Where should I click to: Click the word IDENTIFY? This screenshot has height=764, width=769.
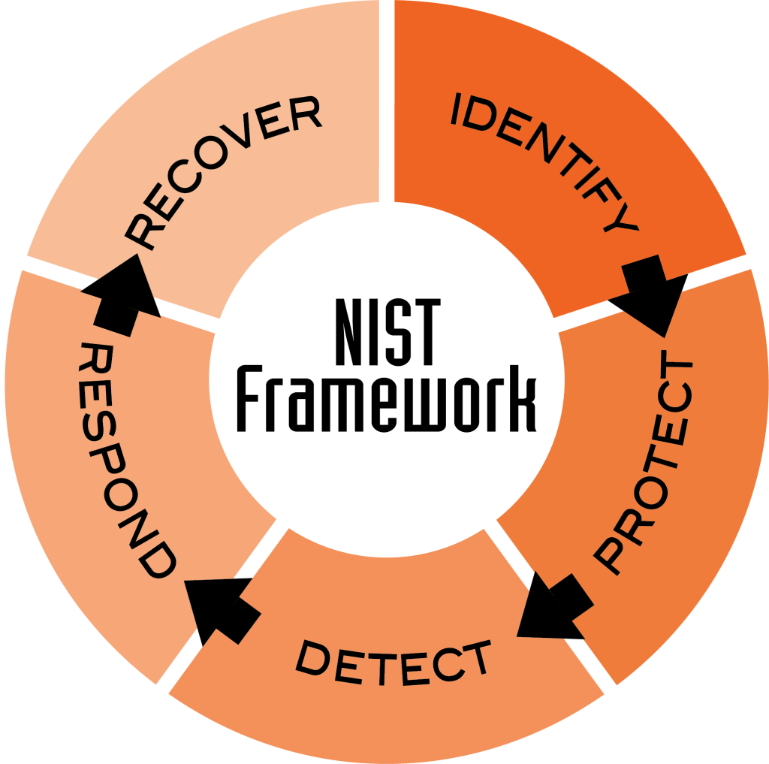544,159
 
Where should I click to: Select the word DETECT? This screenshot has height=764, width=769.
392,663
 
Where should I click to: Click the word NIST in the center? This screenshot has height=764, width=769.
388,332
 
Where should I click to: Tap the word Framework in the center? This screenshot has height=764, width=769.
387,398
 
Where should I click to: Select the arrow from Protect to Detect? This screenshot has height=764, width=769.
554,606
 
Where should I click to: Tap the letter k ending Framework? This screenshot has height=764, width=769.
523,398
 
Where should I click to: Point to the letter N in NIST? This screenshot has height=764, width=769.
353,332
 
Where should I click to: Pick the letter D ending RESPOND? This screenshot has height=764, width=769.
156,560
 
